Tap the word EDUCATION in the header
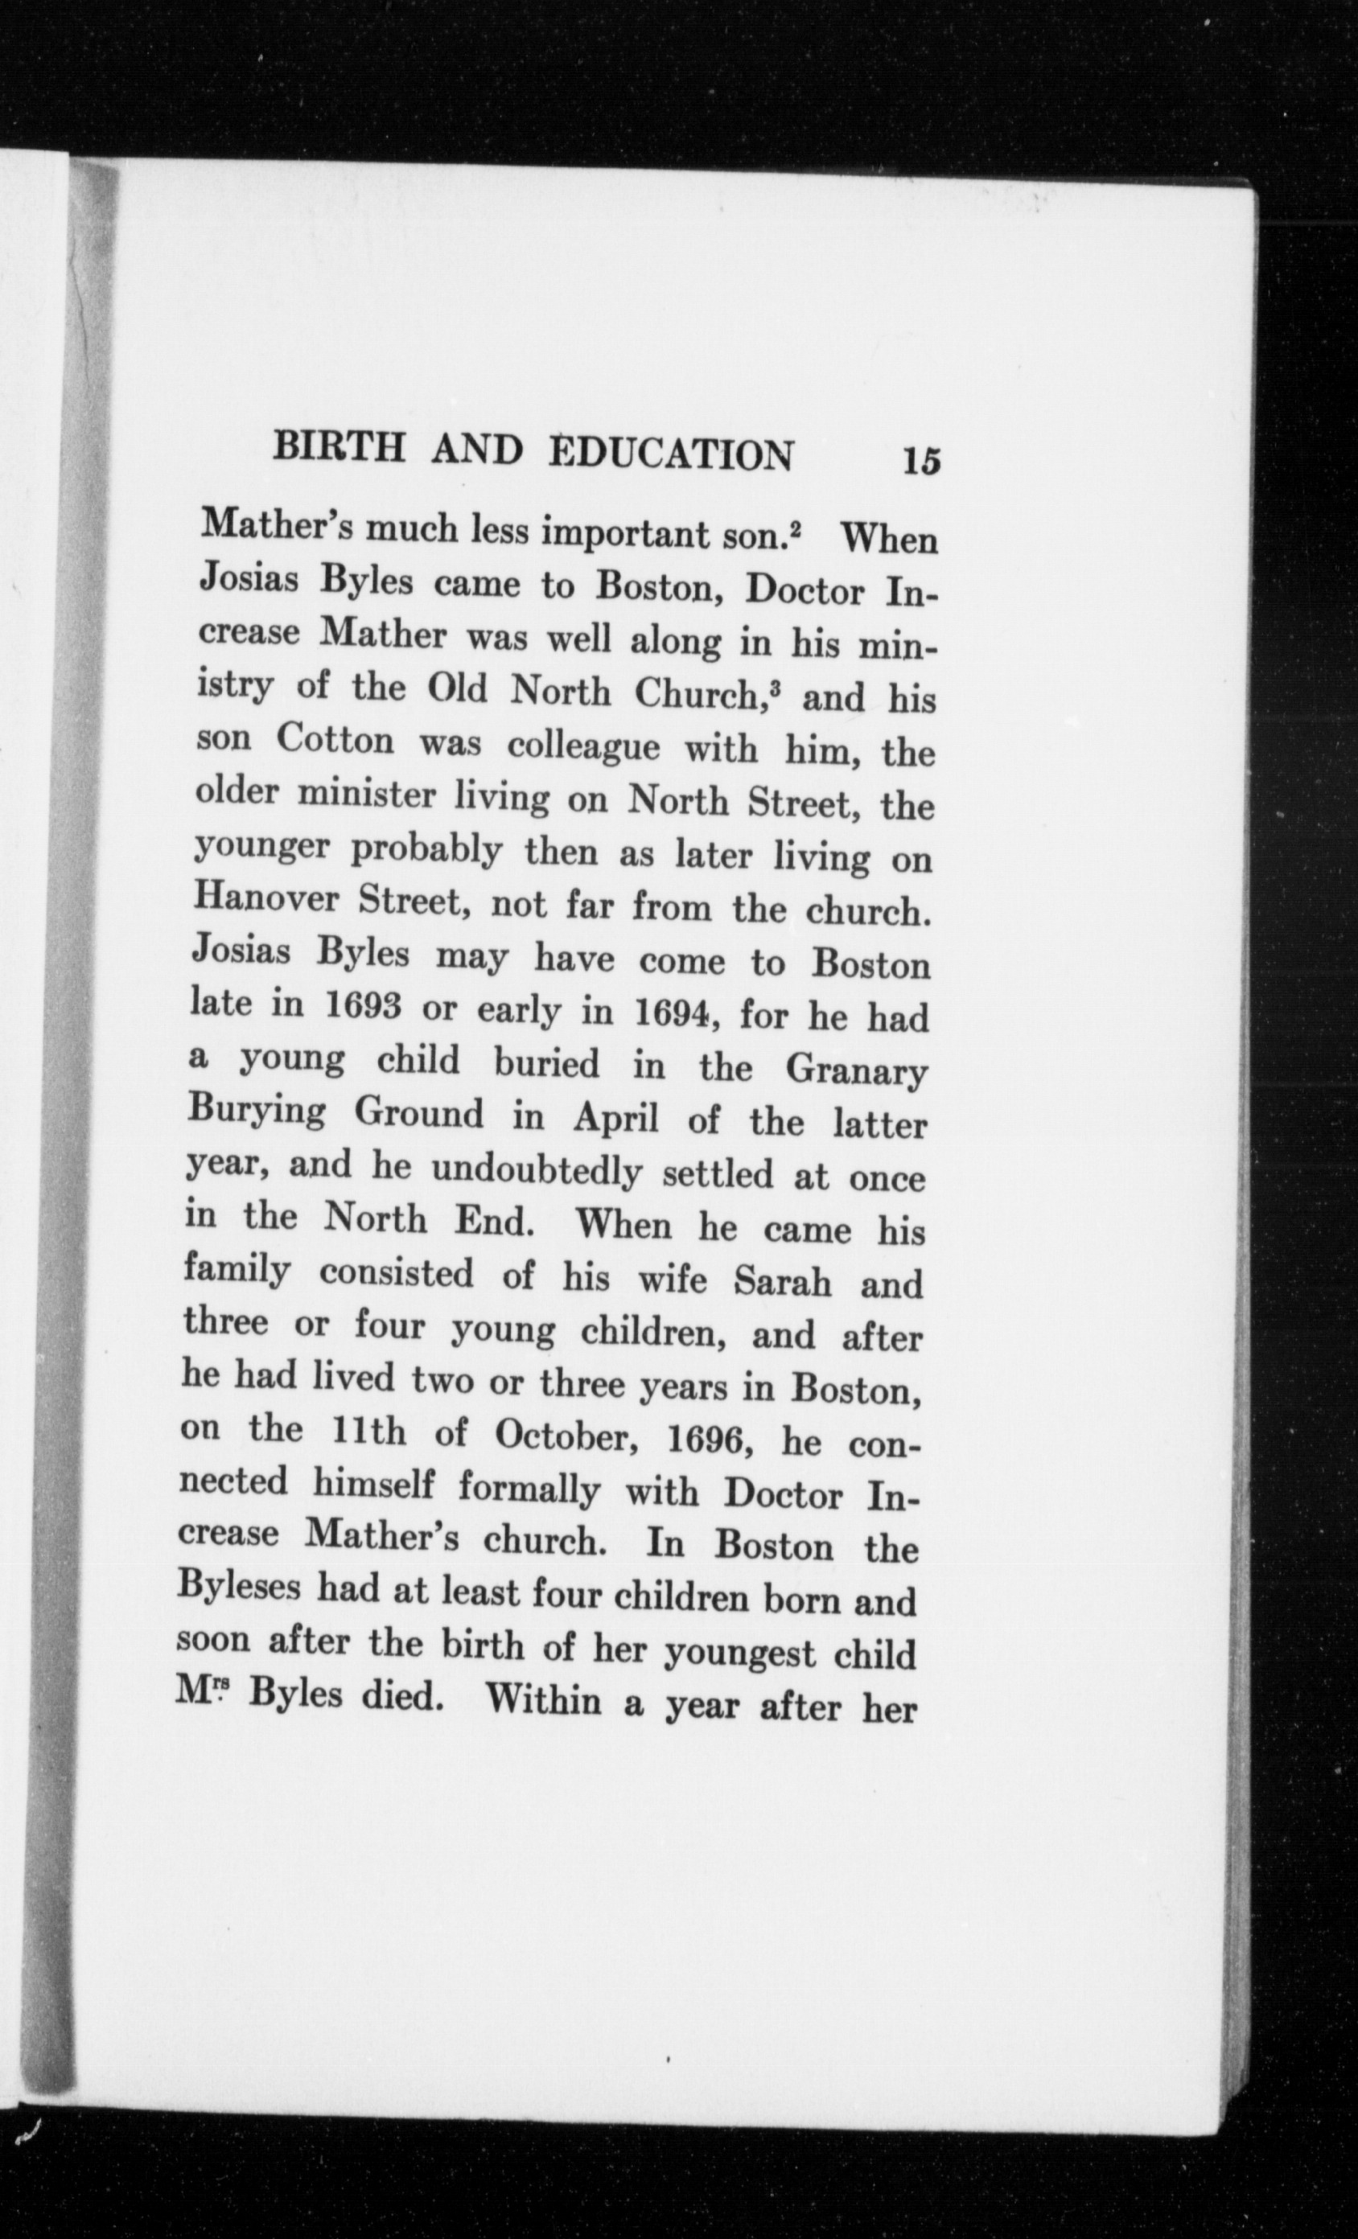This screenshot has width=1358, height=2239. pyautogui.click(x=672, y=454)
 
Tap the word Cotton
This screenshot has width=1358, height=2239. pyautogui.click(x=335, y=739)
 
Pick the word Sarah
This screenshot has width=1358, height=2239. pyautogui.click(x=783, y=1281)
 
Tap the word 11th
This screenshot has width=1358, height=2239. pyautogui.click(x=356, y=1432)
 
